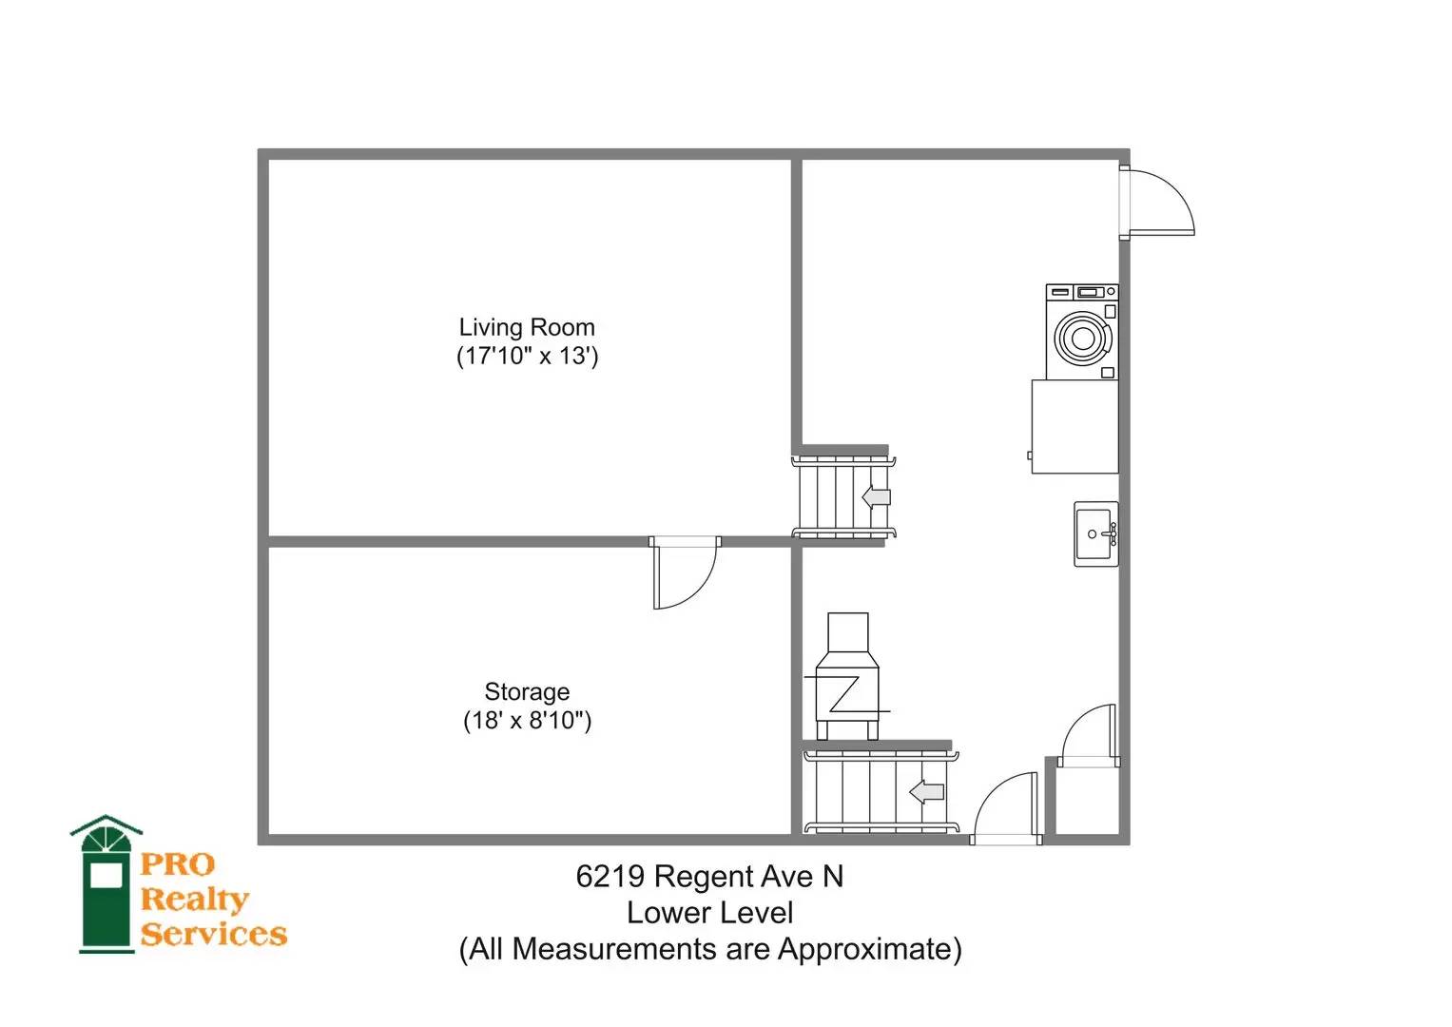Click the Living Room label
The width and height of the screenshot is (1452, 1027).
527,327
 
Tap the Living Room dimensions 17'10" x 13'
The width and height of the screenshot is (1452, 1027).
527,356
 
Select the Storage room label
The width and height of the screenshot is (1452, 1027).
527,692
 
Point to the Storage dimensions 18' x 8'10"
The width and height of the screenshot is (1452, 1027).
527,721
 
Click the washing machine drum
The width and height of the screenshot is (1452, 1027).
1082,338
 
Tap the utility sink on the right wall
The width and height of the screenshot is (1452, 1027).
1096,534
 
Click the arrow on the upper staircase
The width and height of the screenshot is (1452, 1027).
877,497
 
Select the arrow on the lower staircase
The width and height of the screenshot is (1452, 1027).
926,791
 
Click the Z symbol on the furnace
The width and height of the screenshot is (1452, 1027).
845,694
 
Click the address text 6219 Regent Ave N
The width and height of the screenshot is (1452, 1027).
709,877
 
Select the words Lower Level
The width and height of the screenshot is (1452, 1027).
709,913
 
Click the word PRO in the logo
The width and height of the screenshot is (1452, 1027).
177,864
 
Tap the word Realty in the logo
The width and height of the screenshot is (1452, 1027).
195,900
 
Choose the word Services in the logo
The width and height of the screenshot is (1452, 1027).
213,934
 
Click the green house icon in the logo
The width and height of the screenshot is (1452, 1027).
106,885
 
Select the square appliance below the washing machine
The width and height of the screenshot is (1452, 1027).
1074,427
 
